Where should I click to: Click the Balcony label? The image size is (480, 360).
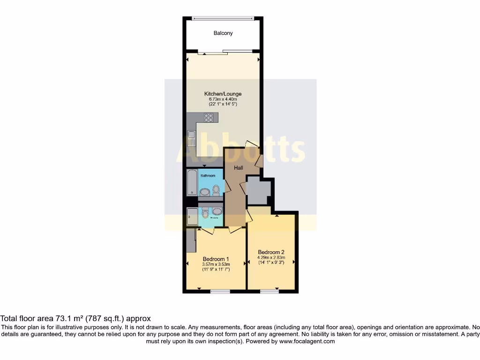pyautogui.click(x=223, y=33)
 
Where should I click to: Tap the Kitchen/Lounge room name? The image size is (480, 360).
pyautogui.click(x=223, y=94)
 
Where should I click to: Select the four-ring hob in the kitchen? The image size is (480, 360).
pyautogui.click(x=209, y=118)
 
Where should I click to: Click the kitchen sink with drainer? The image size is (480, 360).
pyautogui.click(x=191, y=139)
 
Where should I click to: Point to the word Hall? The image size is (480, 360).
pyautogui.click(x=238, y=167)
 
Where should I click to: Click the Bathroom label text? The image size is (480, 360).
pyautogui.click(x=208, y=176)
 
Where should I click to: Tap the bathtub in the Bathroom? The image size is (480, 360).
pyautogui.click(x=192, y=183)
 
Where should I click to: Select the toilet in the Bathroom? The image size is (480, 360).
pyautogui.click(x=216, y=190)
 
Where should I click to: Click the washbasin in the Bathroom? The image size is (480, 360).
pyautogui.click(x=205, y=192)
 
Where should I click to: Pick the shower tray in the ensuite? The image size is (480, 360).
pyautogui.click(x=192, y=217)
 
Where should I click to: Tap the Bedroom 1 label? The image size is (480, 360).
pyautogui.click(x=216, y=259)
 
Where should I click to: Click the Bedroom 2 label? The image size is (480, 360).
pyautogui.click(x=271, y=252)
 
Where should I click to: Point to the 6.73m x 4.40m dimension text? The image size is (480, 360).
pyautogui.click(x=223, y=99)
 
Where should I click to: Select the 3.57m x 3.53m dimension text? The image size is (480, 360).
pyautogui.click(x=216, y=264)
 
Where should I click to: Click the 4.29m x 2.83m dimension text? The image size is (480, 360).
pyautogui.click(x=271, y=257)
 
